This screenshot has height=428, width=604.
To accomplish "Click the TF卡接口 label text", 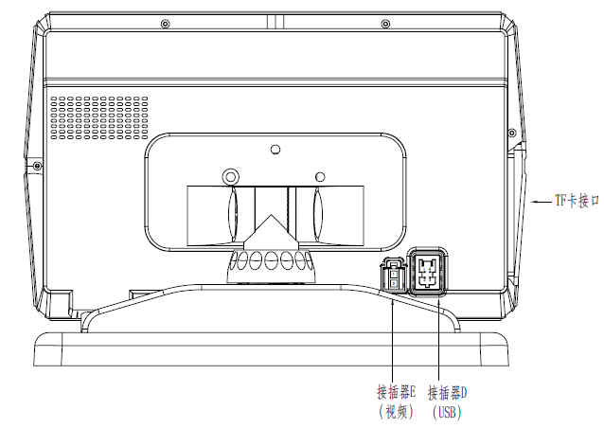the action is (x=577, y=201).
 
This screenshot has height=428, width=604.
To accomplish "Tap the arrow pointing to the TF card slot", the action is (x=542, y=201).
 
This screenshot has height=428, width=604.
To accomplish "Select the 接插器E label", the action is (x=397, y=393).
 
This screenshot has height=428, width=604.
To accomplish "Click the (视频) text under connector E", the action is (x=397, y=412).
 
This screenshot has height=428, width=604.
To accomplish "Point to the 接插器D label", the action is (x=447, y=393).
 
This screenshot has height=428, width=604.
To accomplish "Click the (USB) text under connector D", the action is (x=447, y=412).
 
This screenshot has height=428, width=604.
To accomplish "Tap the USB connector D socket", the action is (x=428, y=272).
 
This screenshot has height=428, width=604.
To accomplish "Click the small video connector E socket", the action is (x=393, y=276).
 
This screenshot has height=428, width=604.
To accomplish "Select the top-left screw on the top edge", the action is (x=166, y=25).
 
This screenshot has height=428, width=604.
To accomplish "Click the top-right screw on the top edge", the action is (x=384, y=25).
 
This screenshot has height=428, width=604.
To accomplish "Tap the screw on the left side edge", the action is (x=37, y=166).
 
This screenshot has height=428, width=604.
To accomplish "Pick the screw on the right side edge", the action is (x=512, y=133).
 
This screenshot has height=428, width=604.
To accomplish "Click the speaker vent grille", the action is (x=99, y=117).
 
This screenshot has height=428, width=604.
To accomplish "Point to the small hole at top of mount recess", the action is (x=275, y=149).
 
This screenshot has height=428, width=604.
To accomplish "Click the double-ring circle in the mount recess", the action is (x=230, y=177).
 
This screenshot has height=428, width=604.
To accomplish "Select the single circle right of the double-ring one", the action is (x=320, y=177).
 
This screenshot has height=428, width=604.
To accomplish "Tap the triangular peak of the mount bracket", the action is (x=271, y=215).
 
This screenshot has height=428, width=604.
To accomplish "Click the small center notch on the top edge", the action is (x=275, y=22).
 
